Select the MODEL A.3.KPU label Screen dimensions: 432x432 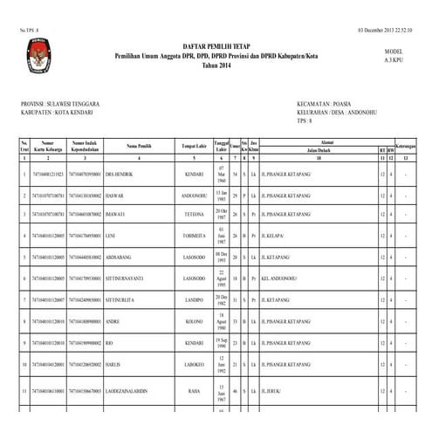click(x=394, y=55)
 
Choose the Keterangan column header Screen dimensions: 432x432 click(x=404, y=145)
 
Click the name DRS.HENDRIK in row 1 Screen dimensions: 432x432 click(x=121, y=175)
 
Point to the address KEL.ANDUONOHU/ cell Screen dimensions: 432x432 click(x=269, y=278)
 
